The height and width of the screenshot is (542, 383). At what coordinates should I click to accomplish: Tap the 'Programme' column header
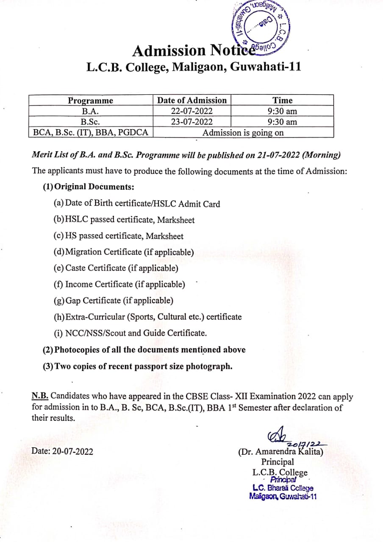[91, 100]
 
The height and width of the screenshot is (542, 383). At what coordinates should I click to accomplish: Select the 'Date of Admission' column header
[192, 100]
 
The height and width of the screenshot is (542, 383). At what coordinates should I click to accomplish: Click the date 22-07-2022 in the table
[191, 111]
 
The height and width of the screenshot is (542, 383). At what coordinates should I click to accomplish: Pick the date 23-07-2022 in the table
[191, 122]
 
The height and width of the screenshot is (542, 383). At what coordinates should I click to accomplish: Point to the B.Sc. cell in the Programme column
[90, 122]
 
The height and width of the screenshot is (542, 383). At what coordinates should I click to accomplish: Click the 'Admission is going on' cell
[243, 133]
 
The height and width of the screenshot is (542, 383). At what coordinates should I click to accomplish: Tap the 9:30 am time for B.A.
[282, 111]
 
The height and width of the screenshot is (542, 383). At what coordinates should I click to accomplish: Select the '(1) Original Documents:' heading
[89, 187]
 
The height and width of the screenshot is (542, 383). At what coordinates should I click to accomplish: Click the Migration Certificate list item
[124, 252]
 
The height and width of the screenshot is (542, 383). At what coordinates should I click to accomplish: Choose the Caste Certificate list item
[116, 268]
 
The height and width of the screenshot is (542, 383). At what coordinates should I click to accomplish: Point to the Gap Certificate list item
[114, 301]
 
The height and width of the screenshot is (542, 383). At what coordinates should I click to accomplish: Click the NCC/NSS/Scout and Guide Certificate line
[130, 333]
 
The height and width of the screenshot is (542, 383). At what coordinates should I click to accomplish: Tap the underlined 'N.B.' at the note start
[40, 397]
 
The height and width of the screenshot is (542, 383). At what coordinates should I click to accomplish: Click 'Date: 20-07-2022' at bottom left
[62, 451]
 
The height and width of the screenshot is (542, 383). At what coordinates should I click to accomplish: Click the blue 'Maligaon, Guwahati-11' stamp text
[283, 497]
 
